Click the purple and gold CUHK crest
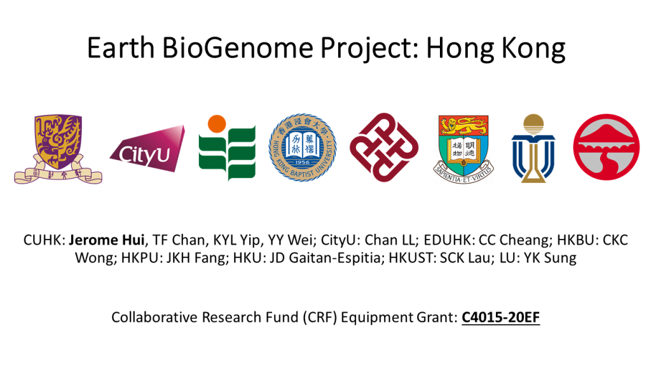click(x=58, y=149)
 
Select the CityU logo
click(x=147, y=149)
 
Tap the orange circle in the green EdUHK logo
click(x=217, y=124)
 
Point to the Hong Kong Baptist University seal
click(x=302, y=147)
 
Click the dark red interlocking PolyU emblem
click(x=384, y=147)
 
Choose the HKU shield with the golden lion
click(x=463, y=149)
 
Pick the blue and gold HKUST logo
click(x=533, y=148)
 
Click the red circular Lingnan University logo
click(x=606, y=147)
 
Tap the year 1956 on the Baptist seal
click(x=302, y=162)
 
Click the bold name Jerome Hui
click(x=107, y=240)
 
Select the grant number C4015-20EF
click(x=501, y=318)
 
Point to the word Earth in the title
click(x=120, y=48)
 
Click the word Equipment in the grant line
click(x=376, y=318)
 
